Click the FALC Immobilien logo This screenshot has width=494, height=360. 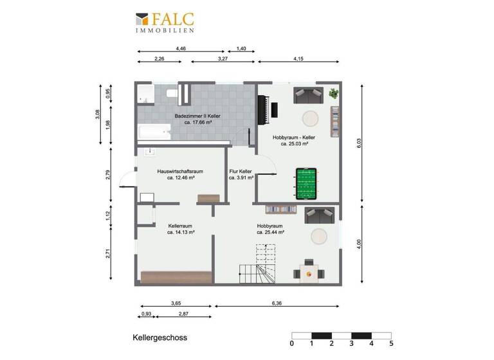coord(164,22)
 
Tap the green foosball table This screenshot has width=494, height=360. coord(306,183)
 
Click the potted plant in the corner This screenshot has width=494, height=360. coord(333,94)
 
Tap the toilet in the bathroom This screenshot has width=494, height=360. coord(172,94)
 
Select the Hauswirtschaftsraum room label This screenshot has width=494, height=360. coord(180,172)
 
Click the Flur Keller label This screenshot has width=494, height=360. coord(241,172)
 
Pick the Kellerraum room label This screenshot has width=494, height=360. coord(181,226)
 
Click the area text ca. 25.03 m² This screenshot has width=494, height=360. coord(294,145)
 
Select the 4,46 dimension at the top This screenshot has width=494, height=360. coord(181,48)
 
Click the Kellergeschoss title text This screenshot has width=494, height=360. coord(160,337)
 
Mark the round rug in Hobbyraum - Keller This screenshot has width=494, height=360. coord(310,119)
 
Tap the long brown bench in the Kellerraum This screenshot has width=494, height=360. coord(175,277)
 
